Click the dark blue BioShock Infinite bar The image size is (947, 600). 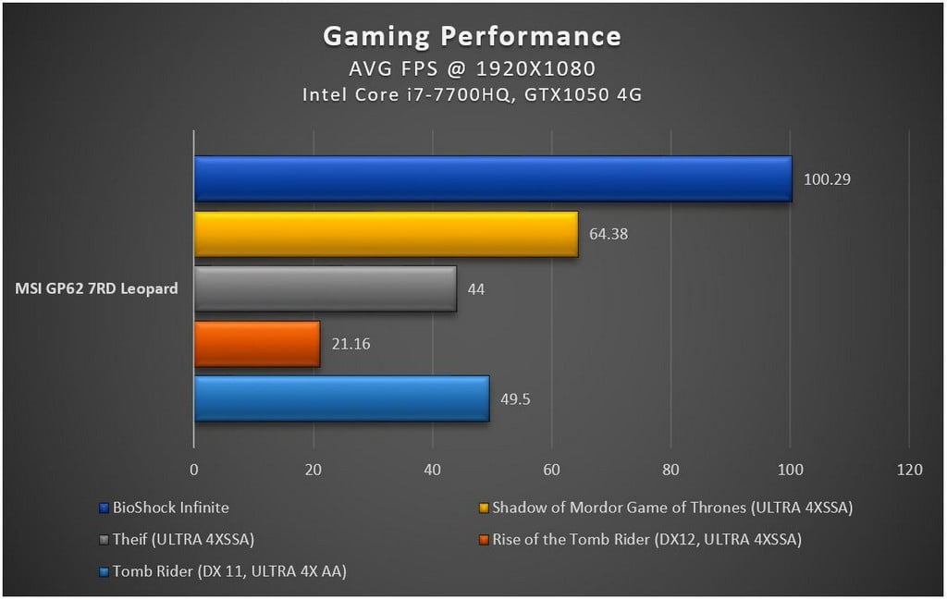[x=493, y=178]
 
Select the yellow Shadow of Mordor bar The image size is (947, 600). [x=386, y=234]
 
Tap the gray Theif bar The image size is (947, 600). [x=325, y=288]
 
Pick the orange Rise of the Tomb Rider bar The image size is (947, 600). [x=257, y=344]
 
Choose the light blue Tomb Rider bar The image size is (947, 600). [x=341, y=398]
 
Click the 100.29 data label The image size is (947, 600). [x=827, y=179]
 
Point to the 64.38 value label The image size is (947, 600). [x=609, y=234]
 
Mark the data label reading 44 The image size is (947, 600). [x=476, y=289]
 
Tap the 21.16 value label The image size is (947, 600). [x=350, y=344]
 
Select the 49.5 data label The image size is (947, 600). [x=515, y=399]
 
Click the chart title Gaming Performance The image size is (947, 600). [x=472, y=36]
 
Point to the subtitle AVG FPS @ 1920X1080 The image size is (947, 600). [x=472, y=68]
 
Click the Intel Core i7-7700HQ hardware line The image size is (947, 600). [x=472, y=94]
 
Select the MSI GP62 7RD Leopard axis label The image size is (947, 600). [x=97, y=289]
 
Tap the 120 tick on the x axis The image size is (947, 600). [x=909, y=470]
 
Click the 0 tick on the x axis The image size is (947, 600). [x=194, y=470]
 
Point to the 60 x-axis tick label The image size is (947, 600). [x=551, y=470]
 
